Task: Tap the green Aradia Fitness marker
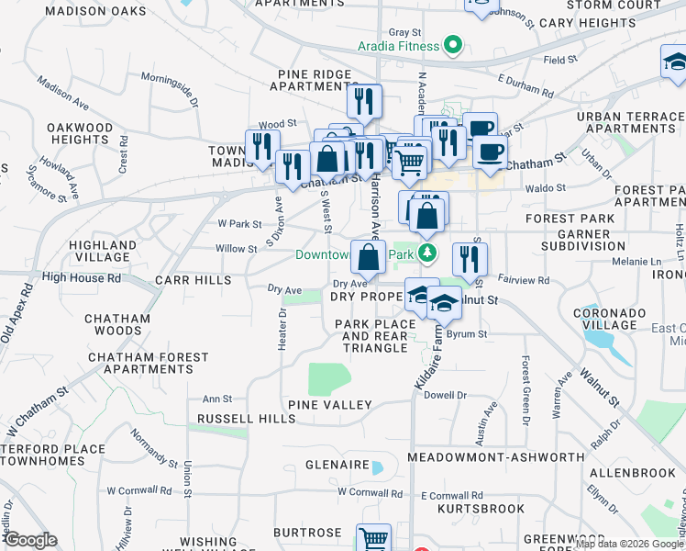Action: coord(451,45)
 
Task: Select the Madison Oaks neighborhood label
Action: coord(95,11)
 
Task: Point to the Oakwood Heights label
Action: coord(80,133)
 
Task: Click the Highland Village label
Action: coord(103,252)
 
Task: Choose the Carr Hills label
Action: coord(189,279)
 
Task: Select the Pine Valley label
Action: coord(329,405)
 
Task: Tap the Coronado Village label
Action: coord(603,318)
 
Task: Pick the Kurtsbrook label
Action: coord(473,508)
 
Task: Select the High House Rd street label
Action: coord(81,277)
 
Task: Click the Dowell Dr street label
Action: coord(446,396)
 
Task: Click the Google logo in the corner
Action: coord(30,540)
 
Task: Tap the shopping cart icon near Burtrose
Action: coord(373,539)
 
